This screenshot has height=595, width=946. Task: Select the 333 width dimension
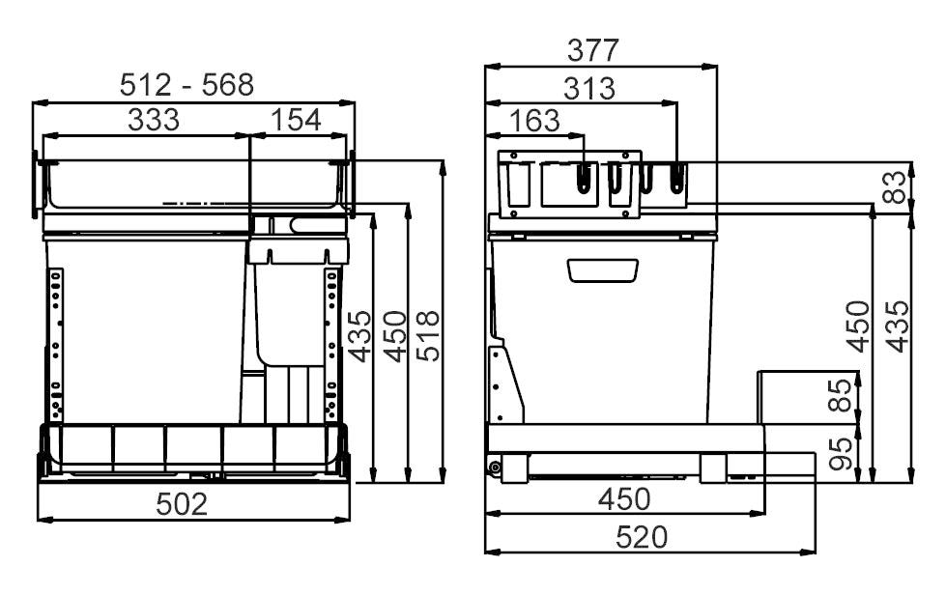click(x=153, y=120)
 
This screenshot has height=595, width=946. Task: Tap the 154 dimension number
click(x=297, y=120)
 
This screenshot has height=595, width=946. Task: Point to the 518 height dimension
click(x=428, y=335)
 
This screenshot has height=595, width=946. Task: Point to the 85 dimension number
click(x=842, y=395)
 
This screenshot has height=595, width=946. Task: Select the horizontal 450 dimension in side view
click(x=622, y=499)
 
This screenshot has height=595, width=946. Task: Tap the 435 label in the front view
click(x=359, y=335)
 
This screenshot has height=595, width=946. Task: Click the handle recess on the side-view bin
click(x=603, y=269)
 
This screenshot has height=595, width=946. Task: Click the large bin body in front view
click(x=145, y=328)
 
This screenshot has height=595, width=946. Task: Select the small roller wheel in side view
click(x=496, y=468)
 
